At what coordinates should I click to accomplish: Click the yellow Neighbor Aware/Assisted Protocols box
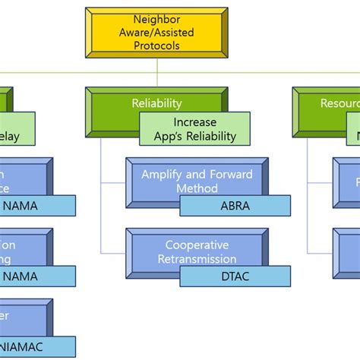(156, 33)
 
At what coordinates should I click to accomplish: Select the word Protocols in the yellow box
(156, 47)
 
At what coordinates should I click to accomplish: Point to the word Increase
(194, 122)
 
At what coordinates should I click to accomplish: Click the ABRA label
(234, 205)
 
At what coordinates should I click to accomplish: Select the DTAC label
(234, 277)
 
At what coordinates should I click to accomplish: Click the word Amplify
(163, 175)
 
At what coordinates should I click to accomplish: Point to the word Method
(197, 188)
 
